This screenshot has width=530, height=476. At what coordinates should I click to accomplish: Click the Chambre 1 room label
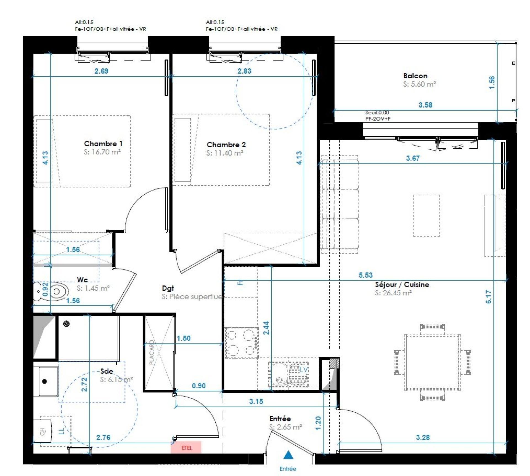pos(103,144)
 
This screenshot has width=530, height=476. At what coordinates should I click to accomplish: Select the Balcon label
pos(415,76)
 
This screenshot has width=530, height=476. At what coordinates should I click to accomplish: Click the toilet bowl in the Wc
pos(57,292)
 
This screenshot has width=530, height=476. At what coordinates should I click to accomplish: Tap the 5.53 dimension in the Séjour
pos(365,275)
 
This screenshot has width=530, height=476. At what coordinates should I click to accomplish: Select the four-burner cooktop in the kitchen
pos(242,343)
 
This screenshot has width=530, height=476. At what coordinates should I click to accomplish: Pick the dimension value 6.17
pos(488,297)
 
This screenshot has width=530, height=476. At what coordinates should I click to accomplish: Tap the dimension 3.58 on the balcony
pos(425,105)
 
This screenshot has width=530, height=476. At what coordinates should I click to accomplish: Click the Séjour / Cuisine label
pos(402,285)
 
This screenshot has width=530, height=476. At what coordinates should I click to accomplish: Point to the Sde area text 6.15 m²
pos(116,379)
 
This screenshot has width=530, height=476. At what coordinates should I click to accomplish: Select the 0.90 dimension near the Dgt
pos(198,386)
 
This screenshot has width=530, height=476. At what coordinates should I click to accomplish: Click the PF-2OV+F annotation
pos(378,119)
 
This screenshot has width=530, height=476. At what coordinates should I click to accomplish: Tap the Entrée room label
pos(280,419)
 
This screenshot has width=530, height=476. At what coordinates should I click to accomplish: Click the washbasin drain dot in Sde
pos(44,381)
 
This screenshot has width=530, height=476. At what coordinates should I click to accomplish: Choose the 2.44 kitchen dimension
pos(266,328)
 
